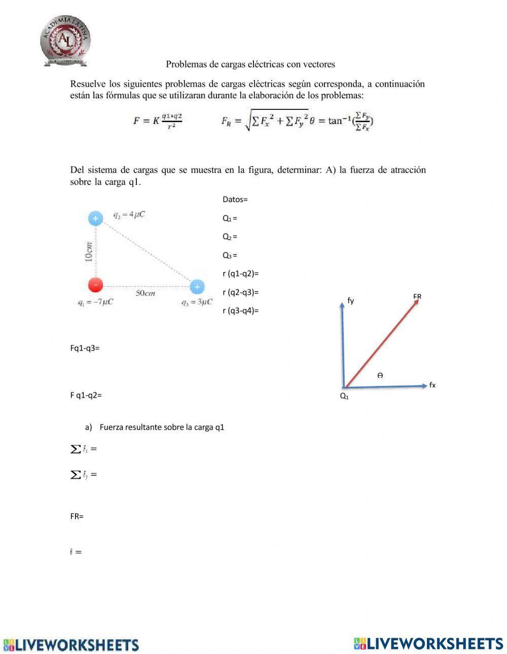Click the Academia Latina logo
pyautogui.click(x=65, y=41)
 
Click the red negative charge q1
pyautogui.click(x=95, y=285)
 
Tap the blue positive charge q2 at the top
pyautogui.click(x=95, y=218)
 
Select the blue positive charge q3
pyautogui.click(x=197, y=287)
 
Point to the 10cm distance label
pyautogui.click(x=89, y=251)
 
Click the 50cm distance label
pyautogui.click(x=145, y=293)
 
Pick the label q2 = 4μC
pyautogui.click(x=129, y=215)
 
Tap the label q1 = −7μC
pyautogui.click(x=95, y=302)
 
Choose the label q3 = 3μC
pyautogui.click(x=197, y=302)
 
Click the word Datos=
pyautogui.click(x=235, y=200)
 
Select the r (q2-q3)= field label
pyautogui.click(x=240, y=292)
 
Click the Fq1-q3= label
pyautogui.click(x=85, y=348)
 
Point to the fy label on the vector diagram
pyautogui.click(x=350, y=301)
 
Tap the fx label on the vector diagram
pyautogui.click(x=432, y=385)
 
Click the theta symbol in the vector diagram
pyautogui.click(x=380, y=375)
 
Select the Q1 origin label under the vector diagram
pyautogui.click(x=344, y=396)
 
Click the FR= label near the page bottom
pyautogui.click(x=77, y=517)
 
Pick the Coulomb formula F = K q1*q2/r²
pyautogui.click(x=157, y=121)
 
